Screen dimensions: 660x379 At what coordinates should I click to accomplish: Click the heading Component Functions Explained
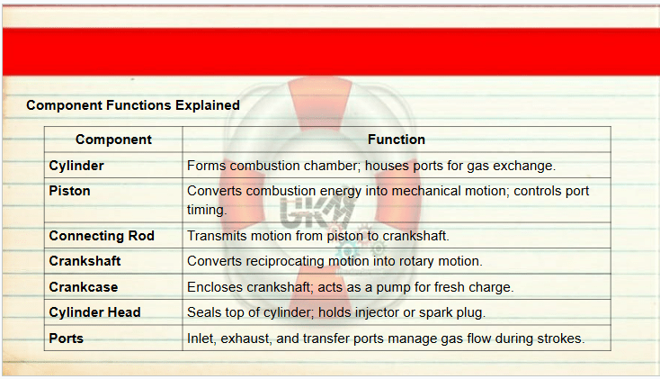pos(133,105)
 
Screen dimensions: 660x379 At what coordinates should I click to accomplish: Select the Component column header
pos(113,140)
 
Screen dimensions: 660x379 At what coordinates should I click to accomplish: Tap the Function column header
pos(397,140)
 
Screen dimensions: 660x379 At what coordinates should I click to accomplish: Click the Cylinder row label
pos(76,166)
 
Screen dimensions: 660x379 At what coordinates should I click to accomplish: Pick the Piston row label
pos(69,191)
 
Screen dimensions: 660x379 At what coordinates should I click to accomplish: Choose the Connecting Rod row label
pos(102,236)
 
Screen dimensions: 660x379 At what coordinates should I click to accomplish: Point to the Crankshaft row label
pos(85,261)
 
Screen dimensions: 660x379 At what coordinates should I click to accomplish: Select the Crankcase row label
pos(84,287)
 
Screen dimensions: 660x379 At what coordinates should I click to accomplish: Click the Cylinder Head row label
pos(94,312)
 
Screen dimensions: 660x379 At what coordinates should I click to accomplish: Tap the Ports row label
pos(66,338)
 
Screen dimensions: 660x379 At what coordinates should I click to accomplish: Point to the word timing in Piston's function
pos(207,210)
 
